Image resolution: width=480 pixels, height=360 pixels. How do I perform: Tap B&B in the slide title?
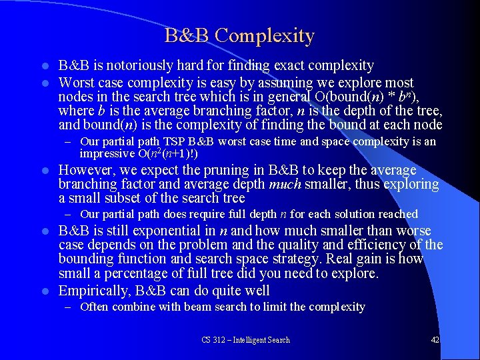[x=187, y=35]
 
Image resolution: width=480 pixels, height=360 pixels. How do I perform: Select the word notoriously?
[x=135, y=65]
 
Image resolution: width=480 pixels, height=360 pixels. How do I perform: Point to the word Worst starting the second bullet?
[x=77, y=83]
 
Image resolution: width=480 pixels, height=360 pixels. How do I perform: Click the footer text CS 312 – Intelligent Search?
[x=245, y=340]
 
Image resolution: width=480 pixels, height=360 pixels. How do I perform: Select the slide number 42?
[x=435, y=340]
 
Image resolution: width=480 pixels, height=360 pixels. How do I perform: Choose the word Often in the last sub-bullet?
[x=95, y=307]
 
